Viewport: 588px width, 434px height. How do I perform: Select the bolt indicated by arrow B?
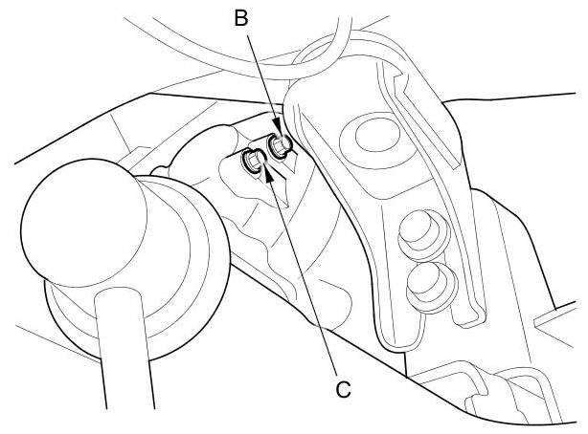coord(280,145)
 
